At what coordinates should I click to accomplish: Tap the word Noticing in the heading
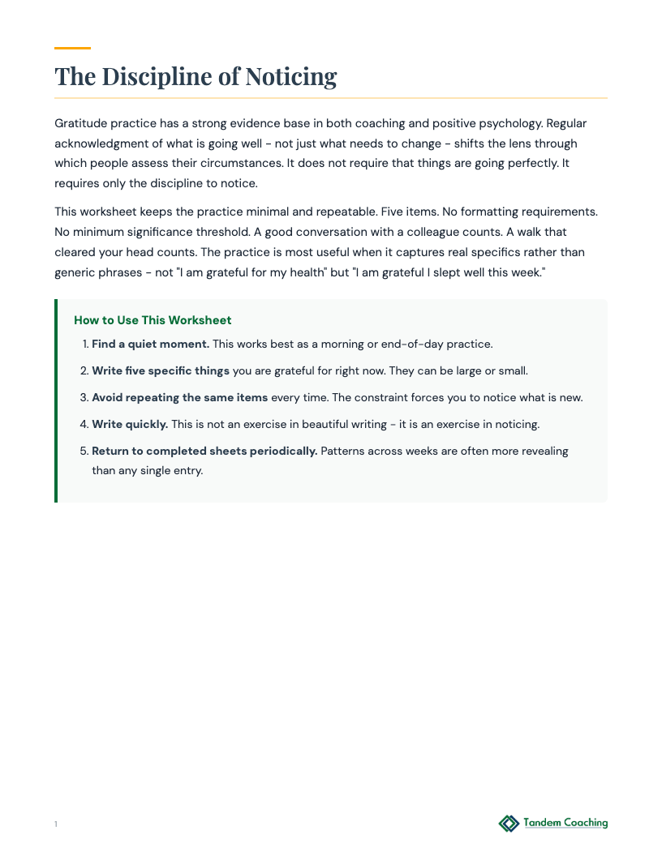point(290,76)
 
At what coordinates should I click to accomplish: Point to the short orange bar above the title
point(72,48)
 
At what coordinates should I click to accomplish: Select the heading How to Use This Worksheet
point(153,320)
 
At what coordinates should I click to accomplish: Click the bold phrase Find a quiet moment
point(150,344)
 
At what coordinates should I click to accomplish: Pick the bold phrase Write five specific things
point(161,370)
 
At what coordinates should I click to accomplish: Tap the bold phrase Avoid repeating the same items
point(179,397)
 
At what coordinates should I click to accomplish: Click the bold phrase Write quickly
point(130,424)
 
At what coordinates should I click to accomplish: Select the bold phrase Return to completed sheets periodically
point(204,451)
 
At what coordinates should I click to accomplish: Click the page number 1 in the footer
point(56,824)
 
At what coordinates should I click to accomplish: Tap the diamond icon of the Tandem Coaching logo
point(509,824)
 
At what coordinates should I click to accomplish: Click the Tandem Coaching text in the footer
point(565,823)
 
